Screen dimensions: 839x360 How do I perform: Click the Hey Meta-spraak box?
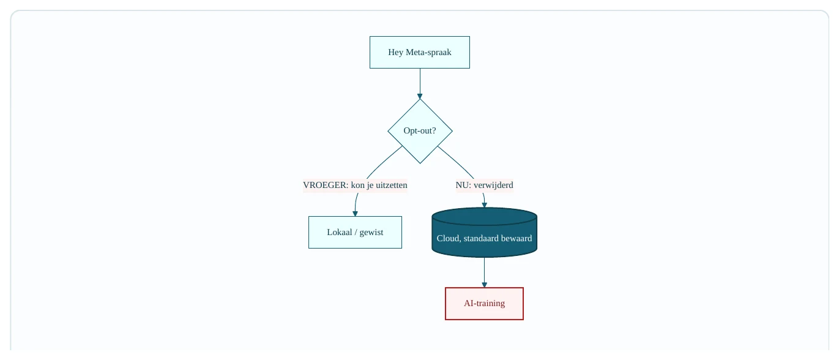tap(420, 53)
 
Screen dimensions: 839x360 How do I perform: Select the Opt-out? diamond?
tap(420, 131)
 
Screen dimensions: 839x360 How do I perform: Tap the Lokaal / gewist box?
tap(355, 232)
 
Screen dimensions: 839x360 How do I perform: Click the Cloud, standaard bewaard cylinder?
tap(484, 233)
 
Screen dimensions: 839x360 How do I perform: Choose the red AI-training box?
tap(484, 304)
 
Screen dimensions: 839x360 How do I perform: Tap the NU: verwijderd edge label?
tap(484, 186)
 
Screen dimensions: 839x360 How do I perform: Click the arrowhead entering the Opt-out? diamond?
tap(420, 96)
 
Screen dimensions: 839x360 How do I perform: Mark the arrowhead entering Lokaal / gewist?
tap(355, 214)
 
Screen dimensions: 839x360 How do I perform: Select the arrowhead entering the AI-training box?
tap(484, 285)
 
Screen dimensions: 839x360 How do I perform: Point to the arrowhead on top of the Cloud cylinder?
tap(484, 205)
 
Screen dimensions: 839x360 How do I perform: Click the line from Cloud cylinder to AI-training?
tap(484, 272)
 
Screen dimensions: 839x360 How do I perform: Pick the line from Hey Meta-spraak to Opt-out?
tap(420, 83)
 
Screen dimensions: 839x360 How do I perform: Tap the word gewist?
tap(371, 233)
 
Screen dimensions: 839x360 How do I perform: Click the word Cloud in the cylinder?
tap(449, 239)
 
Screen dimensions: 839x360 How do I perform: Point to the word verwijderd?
tap(493, 186)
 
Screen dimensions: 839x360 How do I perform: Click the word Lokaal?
tap(340, 232)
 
